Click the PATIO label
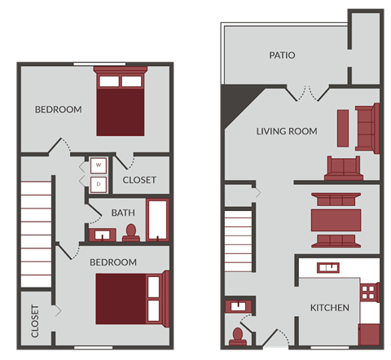282,56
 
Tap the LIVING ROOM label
287,131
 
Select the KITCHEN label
330,308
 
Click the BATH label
123,213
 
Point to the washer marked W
99,165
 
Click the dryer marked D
99,184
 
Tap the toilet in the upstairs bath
130,234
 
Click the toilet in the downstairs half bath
238,335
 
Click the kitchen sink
329,267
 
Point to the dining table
336,220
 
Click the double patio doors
305,91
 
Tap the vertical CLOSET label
35,321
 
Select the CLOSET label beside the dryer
139,181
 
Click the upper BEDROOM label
58,110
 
